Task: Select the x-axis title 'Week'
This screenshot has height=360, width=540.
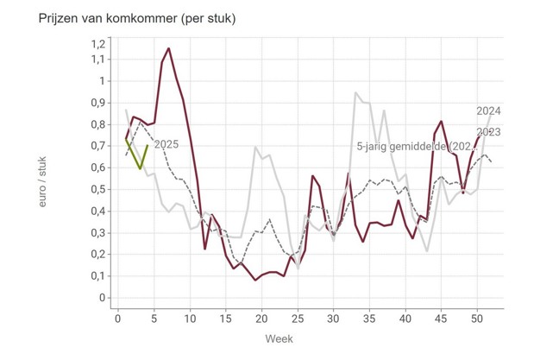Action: [298, 338]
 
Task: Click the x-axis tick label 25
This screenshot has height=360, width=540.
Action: [298, 319]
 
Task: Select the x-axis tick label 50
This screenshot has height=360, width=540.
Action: [476, 319]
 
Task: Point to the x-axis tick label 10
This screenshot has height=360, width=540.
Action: [191, 319]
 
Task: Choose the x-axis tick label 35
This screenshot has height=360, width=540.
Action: [369, 319]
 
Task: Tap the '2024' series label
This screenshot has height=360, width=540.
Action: [489, 111]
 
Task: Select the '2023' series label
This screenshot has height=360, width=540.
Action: [489, 132]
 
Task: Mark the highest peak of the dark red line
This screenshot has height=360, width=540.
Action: [169, 48]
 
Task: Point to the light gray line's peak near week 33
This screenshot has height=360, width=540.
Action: [355, 92]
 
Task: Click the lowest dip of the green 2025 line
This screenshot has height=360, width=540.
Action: [140, 168]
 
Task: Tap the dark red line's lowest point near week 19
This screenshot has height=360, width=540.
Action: [255, 281]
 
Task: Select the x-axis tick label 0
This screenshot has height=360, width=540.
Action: [119, 319]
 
